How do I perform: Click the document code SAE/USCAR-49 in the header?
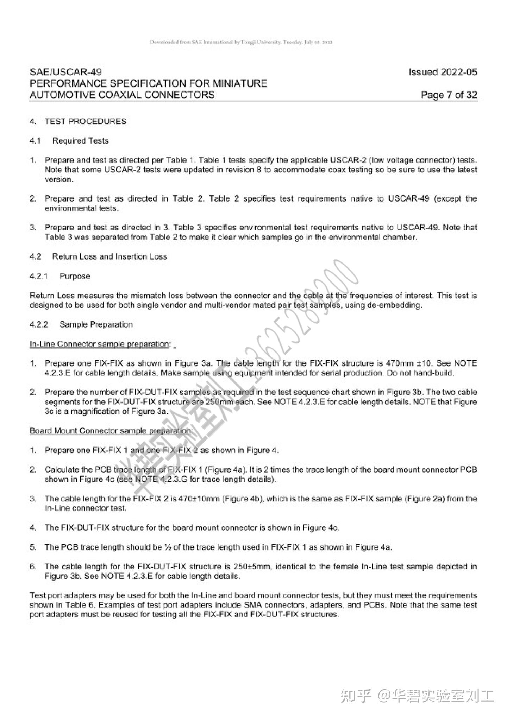[66, 72]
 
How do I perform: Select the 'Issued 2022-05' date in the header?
[443, 72]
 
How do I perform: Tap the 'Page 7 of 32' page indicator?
[449, 95]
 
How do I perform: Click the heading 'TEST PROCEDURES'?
[85, 121]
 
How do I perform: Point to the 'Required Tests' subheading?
[80, 141]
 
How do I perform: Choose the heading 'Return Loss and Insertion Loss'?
[109, 256]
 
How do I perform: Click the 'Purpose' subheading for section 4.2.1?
[75, 276]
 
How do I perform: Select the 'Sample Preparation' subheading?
[96, 324]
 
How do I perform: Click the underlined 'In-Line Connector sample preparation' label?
[99, 344]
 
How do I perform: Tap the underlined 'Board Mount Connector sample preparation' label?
[111, 431]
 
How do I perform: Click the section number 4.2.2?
[39, 324]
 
